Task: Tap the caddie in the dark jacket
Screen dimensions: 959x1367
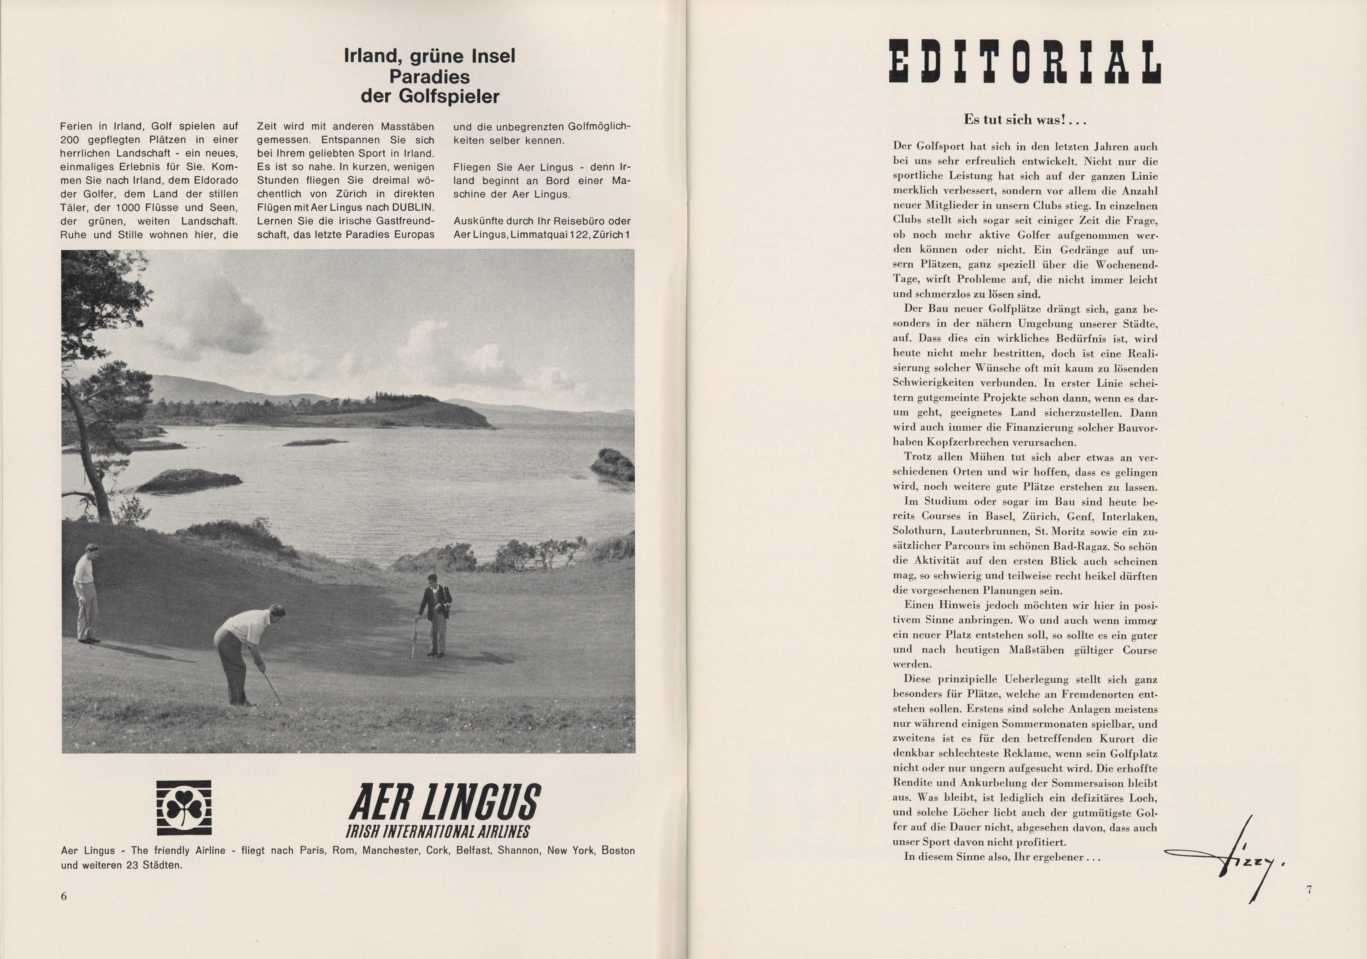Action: click(436, 619)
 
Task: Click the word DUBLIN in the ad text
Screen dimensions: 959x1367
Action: click(413, 207)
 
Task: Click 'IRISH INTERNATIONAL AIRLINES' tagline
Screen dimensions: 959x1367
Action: click(438, 831)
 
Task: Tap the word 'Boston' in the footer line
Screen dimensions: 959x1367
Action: click(618, 850)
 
